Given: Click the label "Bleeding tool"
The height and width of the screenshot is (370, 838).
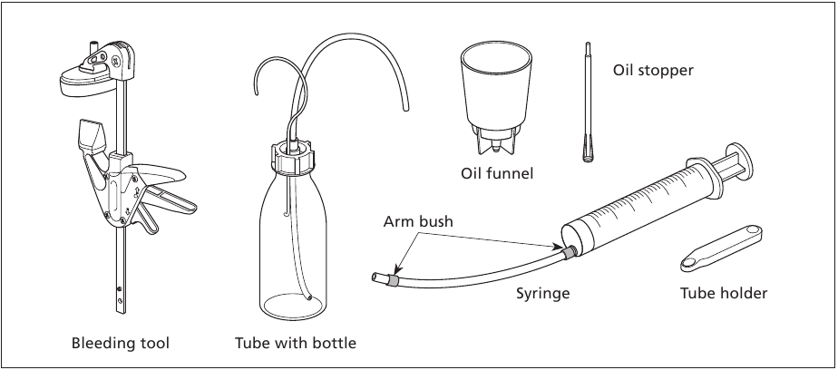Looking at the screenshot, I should [121, 344].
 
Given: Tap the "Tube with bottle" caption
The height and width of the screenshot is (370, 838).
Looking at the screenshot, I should [296, 344].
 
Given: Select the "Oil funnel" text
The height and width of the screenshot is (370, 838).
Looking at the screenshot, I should [497, 172].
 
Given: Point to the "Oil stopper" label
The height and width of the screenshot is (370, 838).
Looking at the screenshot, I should [653, 69].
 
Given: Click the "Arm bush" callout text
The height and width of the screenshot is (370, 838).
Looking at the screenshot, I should [417, 221].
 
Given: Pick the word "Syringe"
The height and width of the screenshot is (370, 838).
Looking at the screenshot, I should [543, 293].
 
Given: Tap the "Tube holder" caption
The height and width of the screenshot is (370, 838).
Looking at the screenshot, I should [724, 293].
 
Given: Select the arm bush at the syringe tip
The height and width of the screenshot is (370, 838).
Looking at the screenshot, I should [569, 250].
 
